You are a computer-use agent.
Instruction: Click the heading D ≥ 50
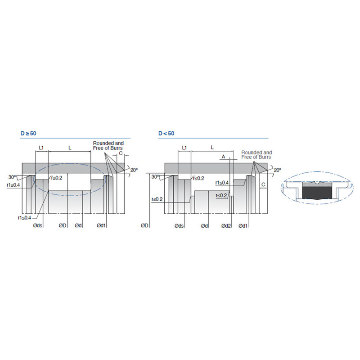[x=28, y=133]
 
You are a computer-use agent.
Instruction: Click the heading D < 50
[x=166, y=133]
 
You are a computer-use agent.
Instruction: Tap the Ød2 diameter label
[x=226, y=226]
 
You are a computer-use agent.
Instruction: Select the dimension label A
[x=223, y=157]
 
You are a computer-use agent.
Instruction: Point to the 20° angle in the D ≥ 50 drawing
[x=134, y=170]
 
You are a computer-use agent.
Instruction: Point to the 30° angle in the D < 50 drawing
[x=155, y=177]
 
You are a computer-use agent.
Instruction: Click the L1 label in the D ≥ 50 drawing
[x=41, y=148]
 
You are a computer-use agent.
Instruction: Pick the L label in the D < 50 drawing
[x=212, y=148]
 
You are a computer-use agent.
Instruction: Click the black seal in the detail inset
[x=317, y=193]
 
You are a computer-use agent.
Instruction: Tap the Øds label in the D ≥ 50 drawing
[x=38, y=225]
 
